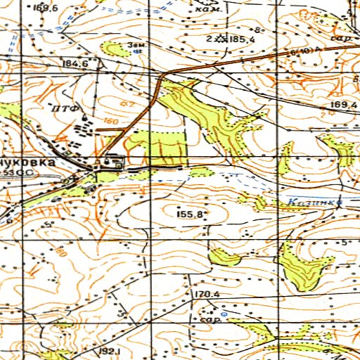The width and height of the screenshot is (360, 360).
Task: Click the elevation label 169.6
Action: (44, 8)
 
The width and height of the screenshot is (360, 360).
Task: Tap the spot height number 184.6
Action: (75, 64)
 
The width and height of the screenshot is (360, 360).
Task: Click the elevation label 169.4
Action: (342, 105)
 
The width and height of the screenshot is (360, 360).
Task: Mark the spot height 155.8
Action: (192, 213)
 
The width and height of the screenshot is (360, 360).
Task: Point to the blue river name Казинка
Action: (314, 202)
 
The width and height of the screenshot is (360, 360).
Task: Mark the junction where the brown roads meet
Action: (163, 75)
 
